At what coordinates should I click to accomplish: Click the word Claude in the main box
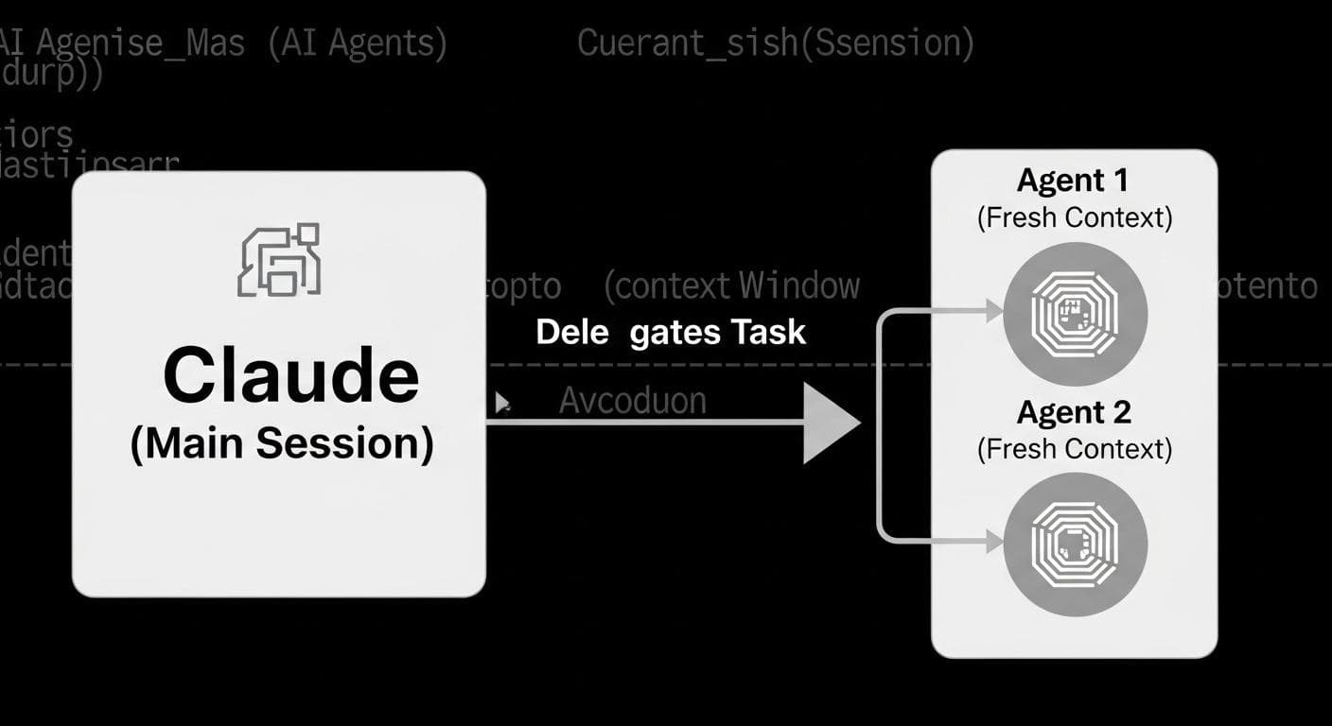pos(290,375)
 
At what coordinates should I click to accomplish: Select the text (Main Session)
pos(282,443)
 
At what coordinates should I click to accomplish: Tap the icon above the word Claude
pos(279,260)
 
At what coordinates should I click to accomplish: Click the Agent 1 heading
pos(1073,181)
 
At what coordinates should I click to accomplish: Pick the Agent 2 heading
pos(1074,412)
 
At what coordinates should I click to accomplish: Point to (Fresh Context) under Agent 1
pos(1074,217)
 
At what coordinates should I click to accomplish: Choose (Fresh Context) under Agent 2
pos(1074,449)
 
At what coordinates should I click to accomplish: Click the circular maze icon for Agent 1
pos(1075,313)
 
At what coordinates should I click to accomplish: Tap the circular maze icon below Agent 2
pos(1075,544)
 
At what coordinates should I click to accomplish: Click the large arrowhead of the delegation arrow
pos(827,423)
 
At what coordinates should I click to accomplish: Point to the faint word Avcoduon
pos(632,401)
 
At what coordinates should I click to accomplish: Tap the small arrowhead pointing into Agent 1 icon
pos(993,310)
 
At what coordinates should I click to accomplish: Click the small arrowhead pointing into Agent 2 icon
pos(993,542)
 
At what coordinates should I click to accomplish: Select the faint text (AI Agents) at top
pos(358,43)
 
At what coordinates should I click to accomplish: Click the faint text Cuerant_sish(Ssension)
pos(775,43)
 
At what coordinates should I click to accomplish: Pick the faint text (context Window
pos(731,285)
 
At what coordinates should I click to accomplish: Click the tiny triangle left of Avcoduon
pos(502,405)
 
